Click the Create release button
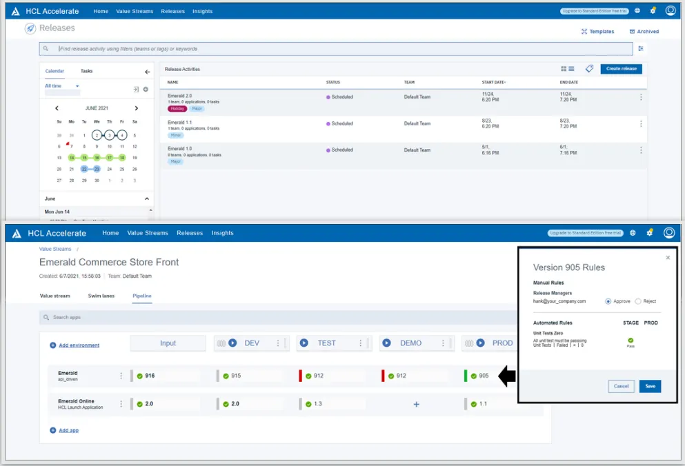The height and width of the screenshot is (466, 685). (621, 69)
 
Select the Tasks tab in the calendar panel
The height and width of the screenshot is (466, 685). (86, 71)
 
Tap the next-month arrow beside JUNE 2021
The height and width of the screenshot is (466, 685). (137, 108)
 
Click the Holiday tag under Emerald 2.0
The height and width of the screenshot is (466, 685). (177, 109)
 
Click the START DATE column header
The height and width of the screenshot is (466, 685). (493, 83)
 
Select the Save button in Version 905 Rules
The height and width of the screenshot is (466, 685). (650, 386)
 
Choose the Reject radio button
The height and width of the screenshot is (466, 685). (638, 301)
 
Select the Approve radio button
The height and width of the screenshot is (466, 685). (608, 301)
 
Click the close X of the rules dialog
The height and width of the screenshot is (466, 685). (667, 258)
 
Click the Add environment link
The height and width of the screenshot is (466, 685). (78, 345)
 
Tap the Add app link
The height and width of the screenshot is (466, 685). (68, 430)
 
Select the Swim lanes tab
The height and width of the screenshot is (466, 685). (101, 296)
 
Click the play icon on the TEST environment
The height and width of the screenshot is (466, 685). (304, 343)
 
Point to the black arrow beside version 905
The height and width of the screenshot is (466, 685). (506, 376)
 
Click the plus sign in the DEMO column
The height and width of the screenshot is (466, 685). (416, 404)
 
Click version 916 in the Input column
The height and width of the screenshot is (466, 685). (150, 376)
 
